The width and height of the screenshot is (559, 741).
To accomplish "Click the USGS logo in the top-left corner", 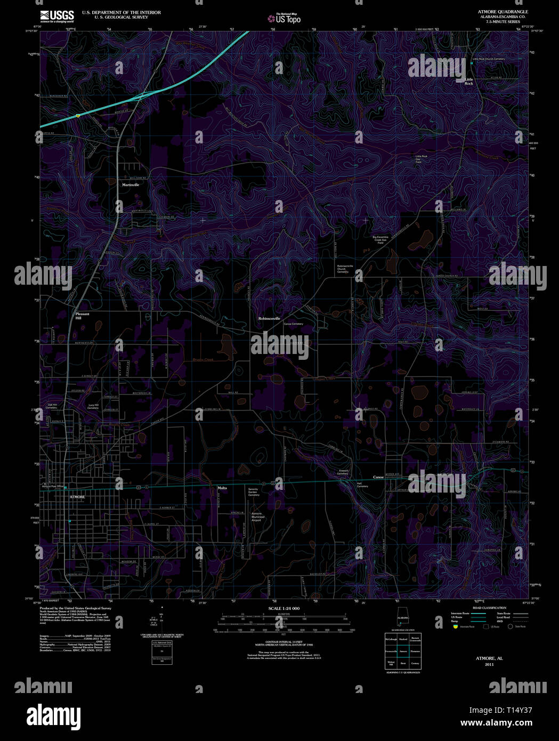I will pyautogui.click(x=56, y=16).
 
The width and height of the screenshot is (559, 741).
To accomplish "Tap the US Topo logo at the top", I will pyautogui.click(x=284, y=19).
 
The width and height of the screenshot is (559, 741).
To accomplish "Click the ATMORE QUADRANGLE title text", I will pyautogui.click(x=495, y=11).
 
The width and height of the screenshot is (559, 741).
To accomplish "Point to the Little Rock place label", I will pyautogui.click(x=468, y=82).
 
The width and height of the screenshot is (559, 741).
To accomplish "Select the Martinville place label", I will pyautogui.click(x=130, y=184).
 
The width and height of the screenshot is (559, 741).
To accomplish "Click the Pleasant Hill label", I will pyautogui.click(x=82, y=316).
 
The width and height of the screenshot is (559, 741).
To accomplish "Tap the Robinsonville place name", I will pyautogui.click(x=269, y=318).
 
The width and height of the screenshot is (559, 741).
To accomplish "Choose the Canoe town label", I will pyautogui.click(x=378, y=477).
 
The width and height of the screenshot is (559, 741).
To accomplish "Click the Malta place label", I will pyautogui.click(x=222, y=488).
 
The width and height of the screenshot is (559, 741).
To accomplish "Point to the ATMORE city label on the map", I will pyautogui.click(x=77, y=497).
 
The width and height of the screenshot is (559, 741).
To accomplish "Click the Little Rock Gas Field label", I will pyautogui.click(x=421, y=159).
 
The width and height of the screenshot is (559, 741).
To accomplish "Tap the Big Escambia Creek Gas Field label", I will pyautogui.click(x=380, y=240).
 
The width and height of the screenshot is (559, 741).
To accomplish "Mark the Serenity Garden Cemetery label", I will pyautogui.click(x=253, y=492).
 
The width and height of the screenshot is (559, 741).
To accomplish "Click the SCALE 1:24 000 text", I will pyautogui.click(x=283, y=608).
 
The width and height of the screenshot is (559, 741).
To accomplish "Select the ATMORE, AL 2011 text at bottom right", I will pyautogui.click(x=489, y=661).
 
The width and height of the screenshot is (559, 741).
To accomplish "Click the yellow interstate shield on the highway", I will pyautogui.click(x=78, y=115).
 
